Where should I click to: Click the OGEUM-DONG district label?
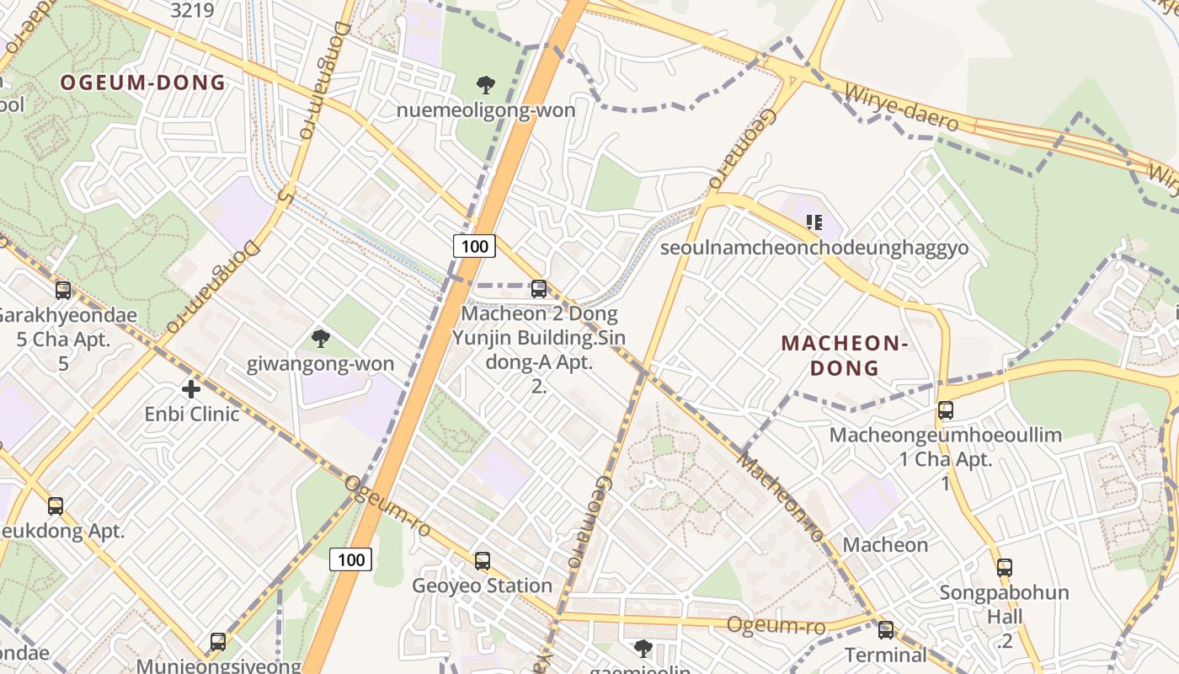pos(143,83)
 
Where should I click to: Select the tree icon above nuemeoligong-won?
pos(485,84)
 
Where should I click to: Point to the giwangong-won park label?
pos(320,364)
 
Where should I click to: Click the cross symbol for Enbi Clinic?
pos(191,389)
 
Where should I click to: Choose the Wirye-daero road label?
pos(902,106)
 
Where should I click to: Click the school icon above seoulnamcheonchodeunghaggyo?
pos(814,222)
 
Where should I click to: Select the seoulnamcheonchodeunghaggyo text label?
pos(814,248)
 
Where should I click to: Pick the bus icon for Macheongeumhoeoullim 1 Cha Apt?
pos(946,410)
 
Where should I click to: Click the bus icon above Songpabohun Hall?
pos(1004,567)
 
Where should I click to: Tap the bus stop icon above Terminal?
pos(885,629)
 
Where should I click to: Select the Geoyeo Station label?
pos(482,586)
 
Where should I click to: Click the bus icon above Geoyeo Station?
pos(482,560)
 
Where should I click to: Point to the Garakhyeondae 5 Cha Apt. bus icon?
pos(63,291)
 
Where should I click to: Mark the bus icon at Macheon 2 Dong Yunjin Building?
pos(539,289)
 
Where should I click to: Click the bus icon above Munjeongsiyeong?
pos(217,641)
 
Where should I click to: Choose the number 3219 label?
pos(192,10)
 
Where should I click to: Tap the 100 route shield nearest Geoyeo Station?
pos(350,559)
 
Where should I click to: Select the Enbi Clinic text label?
pos(192,415)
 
